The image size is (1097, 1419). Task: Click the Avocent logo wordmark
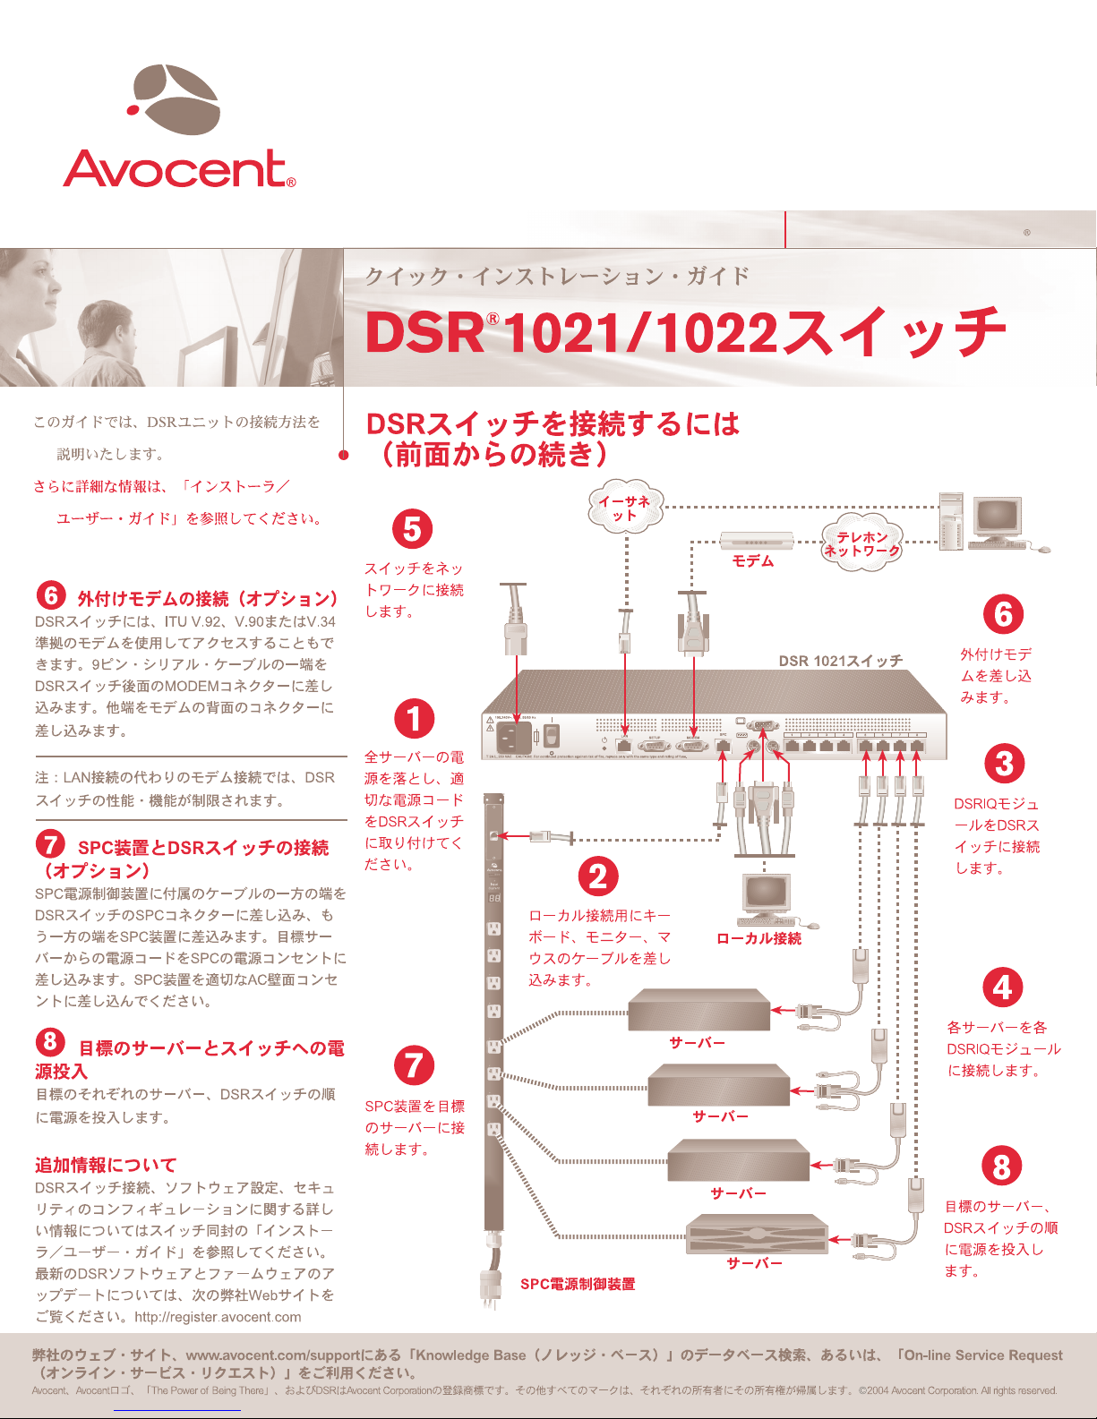click(x=178, y=169)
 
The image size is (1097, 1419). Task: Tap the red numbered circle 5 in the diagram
click(x=412, y=529)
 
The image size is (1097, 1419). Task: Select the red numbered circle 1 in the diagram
click(x=414, y=718)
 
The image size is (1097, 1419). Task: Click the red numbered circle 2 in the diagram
click(x=598, y=876)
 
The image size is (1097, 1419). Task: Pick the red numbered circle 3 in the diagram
click(x=1004, y=765)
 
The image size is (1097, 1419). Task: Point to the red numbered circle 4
click(x=1002, y=987)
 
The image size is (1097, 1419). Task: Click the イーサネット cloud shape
click(x=626, y=509)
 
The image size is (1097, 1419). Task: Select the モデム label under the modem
click(x=753, y=561)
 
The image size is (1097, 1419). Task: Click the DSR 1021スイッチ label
click(x=840, y=661)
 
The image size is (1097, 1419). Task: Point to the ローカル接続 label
click(x=758, y=938)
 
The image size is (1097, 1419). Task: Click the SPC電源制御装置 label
click(x=578, y=1284)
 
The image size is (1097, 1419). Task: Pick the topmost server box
click(x=698, y=1010)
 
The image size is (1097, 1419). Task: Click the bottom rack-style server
click(x=756, y=1235)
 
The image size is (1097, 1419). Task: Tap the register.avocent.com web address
click(x=218, y=1317)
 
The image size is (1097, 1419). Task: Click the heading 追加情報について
click(x=106, y=1165)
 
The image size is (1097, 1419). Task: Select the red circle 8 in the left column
click(x=50, y=1040)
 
